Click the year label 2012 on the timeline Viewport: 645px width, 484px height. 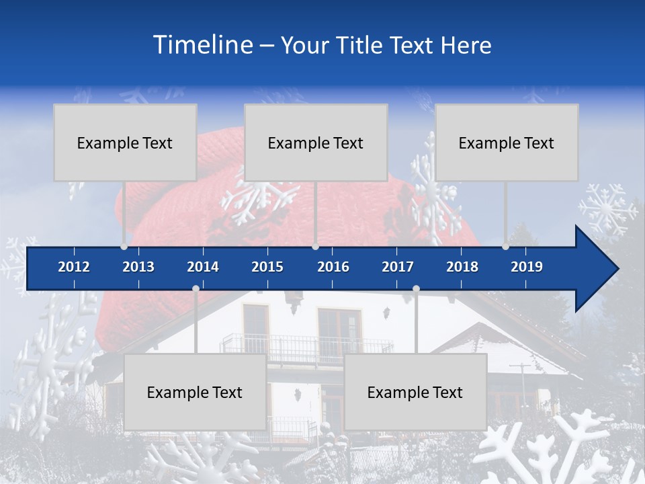point(74,267)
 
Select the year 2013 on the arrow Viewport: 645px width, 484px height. point(138,267)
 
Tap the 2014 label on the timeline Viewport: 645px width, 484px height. point(203,267)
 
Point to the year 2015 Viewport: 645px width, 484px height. point(267,267)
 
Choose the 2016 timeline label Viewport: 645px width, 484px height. point(333,267)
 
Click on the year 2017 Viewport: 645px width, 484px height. point(398,267)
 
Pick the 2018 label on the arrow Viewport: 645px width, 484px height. point(462,267)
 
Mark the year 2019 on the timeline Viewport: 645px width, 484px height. point(527,267)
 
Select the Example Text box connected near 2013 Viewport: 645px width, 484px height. point(125,143)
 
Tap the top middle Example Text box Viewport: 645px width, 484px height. point(316,143)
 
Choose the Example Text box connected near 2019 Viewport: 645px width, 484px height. point(507,143)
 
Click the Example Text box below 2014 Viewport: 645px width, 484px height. point(195,392)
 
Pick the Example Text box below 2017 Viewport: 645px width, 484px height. point(415,392)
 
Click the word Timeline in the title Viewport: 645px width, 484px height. point(203,44)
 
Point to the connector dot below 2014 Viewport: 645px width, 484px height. point(196,288)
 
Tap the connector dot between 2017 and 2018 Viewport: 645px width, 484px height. point(416,288)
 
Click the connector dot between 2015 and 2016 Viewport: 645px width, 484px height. point(315,247)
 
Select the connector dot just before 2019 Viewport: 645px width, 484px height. point(505,247)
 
